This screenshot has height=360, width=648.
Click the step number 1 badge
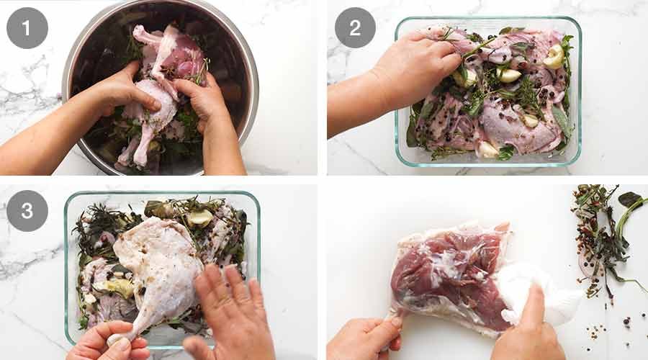27,28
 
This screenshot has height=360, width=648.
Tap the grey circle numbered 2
355,28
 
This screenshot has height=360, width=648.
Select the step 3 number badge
27,210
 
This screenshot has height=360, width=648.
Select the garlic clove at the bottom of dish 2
489,150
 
